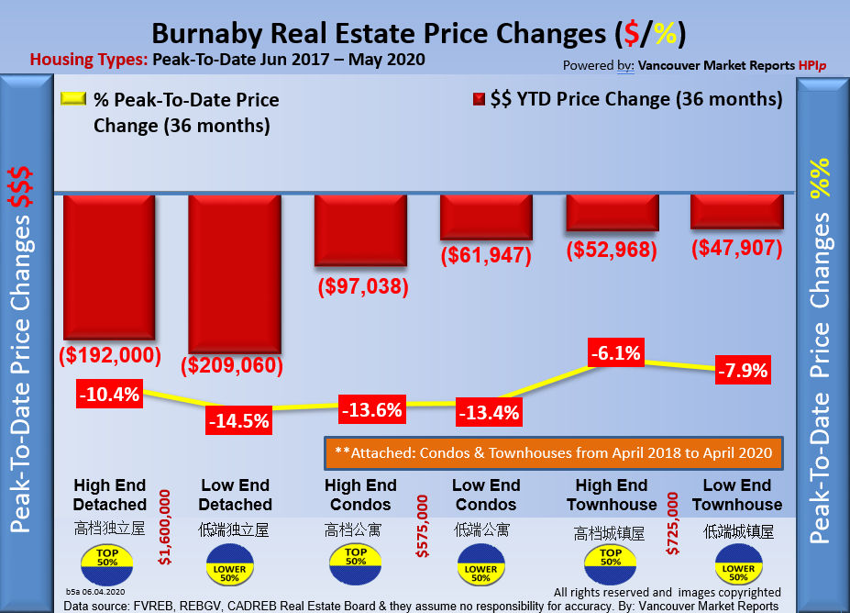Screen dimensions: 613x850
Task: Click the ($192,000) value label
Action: (110, 354)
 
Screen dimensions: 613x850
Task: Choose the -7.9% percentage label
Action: (743, 372)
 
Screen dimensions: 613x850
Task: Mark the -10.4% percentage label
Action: (108, 395)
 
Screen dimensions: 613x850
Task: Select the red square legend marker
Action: (478, 99)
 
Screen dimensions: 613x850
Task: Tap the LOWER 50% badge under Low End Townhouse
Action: (737, 565)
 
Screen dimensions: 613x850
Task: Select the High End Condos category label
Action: (360, 495)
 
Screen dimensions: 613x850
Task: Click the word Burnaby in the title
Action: (209, 34)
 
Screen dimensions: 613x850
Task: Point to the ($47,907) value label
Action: (735, 248)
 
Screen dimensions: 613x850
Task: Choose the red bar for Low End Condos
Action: (486, 217)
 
